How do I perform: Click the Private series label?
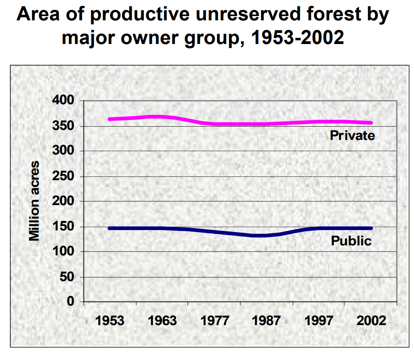pyautogui.click(x=352, y=135)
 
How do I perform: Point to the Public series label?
pyautogui.click(x=351, y=241)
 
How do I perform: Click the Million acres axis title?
pyautogui.click(x=34, y=201)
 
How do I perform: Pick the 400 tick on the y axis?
pyautogui.click(x=63, y=101)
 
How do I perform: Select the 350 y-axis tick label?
pyautogui.click(x=63, y=126)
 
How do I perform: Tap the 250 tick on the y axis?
pyautogui.click(x=63, y=176)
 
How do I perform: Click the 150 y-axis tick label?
pyautogui.click(x=63, y=227)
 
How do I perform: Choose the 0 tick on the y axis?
pyautogui.click(x=70, y=302)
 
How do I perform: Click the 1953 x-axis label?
pyautogui.click(x=110, y=321)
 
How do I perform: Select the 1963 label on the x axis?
pyautogui.click(x=162, y=321)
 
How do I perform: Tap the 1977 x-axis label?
pyautogui.click(x=215, y=321)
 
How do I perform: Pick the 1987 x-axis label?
pyautogui.click(x=267, y=321)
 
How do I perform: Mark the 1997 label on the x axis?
pyautogui.click(x=319, y=321)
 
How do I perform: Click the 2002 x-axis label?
pyautogui.click(x=371, y=321)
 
